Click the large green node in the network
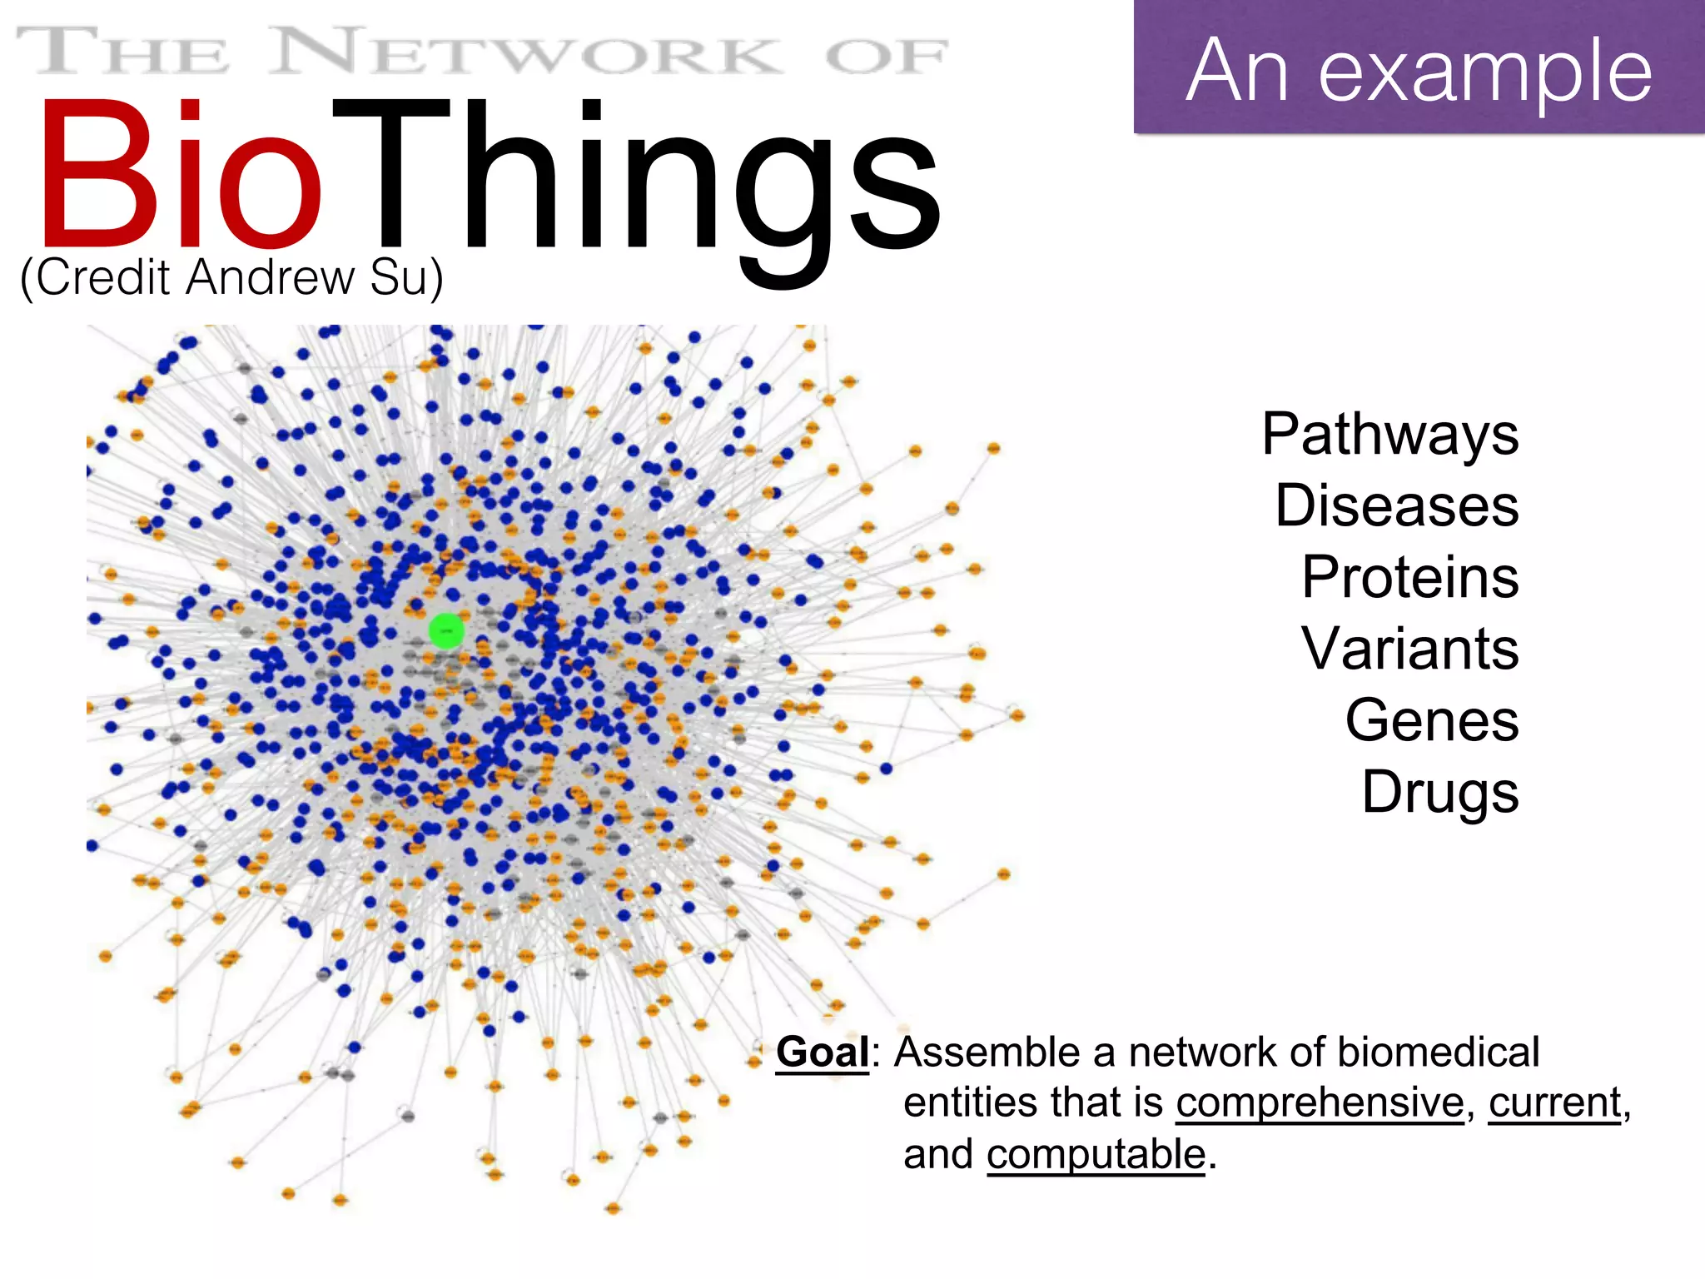(x=446, y=631)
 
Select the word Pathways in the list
(x=1389, y=435)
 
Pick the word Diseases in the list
(x=1396, y=505)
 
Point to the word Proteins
(x=1409, y=577)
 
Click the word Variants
(x=1409, y=649)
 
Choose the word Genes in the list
(x=1431, y=720)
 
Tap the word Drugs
(x=1439, y=793)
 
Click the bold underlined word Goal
(x=823, y=1052)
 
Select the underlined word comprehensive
(x=1320, y=1102)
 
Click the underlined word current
(x=1554, y=1102)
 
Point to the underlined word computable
(x=1096, y=1155)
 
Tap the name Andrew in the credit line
(x=271, y=277)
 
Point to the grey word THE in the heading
(x=122, y=52)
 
